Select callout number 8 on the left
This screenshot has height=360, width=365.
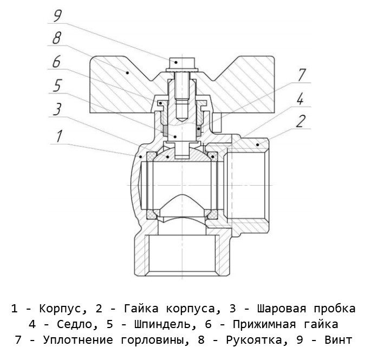(x=56, y=39)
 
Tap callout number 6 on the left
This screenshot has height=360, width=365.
(x=56, y=62)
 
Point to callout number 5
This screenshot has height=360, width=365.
(x=56, y=86)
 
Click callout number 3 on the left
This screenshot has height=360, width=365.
(x=56, y=109)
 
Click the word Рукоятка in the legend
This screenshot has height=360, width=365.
(x=256, y=341)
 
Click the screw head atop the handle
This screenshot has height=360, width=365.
(x=176, y=62)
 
